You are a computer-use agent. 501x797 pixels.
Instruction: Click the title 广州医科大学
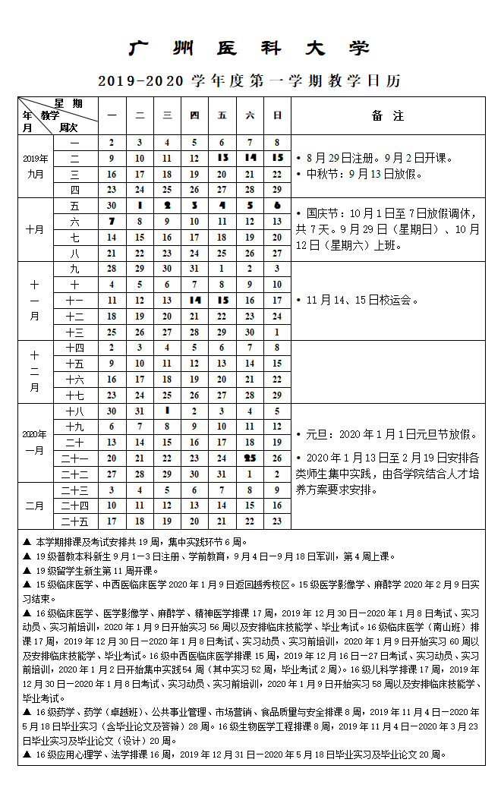pyautogui.click(x=249, y=49)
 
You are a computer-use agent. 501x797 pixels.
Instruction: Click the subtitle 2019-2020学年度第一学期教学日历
pyautogui.click(x=249, y=80)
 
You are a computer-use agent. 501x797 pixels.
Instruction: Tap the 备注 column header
pyautogui.click(x=387, y=116)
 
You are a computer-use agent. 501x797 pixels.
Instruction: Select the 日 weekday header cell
pyautogui.click(x=278, y=115)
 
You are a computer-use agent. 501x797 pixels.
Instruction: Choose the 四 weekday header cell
pyautogui.click(x=194, y=115)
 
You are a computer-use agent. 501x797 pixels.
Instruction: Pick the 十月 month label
pyautogui.click(x=35, y=229)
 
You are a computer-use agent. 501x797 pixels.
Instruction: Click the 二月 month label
pyautogui.click(x=35, y=506)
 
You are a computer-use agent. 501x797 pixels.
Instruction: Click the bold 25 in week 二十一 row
pyautogui.click(x=250, y=458)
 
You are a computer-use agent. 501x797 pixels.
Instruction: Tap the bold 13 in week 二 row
pyautogui.click(x=222, y=158)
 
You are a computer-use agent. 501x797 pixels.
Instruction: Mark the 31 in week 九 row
pyautogui.click(x=194, y=269)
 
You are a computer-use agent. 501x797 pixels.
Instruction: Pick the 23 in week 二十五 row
pyautogui.click(x=278, y=521)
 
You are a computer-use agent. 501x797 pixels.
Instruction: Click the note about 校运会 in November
pyautogui.click(x=362, y=300)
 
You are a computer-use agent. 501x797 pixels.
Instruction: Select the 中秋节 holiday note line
pyautogui.click(x=364, y=174)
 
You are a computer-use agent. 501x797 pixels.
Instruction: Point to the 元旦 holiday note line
pyautogui.click(x=391, y=435)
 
